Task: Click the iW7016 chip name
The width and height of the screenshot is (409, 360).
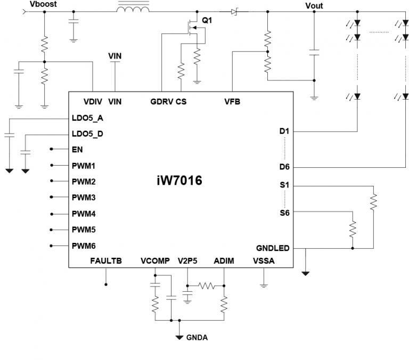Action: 176,181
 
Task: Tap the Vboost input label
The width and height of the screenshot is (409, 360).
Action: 42,4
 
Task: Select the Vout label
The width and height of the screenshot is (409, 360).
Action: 314,6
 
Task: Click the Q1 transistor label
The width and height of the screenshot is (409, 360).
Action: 207,20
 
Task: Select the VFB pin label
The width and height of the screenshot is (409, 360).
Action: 232,101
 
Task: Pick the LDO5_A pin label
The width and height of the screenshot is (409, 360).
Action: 87,118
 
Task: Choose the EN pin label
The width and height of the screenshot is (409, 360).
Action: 77,150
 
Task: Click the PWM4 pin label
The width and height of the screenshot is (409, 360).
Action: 84,214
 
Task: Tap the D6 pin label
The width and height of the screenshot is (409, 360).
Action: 284,167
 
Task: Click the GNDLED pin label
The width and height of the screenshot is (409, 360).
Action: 273,248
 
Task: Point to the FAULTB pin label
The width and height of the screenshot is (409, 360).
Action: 106,261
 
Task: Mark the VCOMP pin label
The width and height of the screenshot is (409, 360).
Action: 155,261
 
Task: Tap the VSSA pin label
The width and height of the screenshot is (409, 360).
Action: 264,261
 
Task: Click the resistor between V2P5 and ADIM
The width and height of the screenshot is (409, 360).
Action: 206,285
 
